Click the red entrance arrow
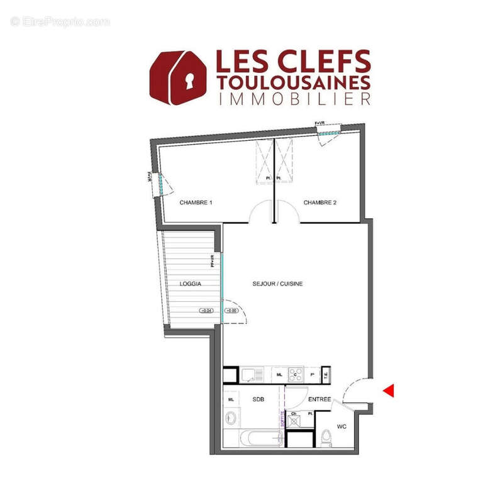tap(388, 390)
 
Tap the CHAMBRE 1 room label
tap(196, 202)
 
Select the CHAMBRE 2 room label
tap(321, 202)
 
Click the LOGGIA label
tap(190, 284)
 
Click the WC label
tap(342, 426)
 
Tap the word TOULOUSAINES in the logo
tap(293, 82)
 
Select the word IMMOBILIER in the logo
tap(293, 99)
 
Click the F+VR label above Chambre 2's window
tap(321, 124)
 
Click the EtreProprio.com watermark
tap(60, 22)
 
